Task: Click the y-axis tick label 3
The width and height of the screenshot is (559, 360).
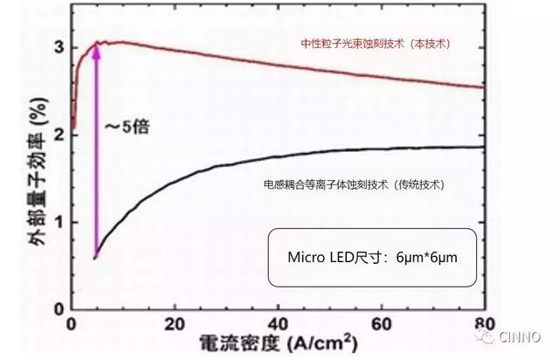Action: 59,47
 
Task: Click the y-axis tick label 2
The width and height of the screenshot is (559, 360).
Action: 59,135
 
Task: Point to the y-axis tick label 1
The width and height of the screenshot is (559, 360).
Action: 59,222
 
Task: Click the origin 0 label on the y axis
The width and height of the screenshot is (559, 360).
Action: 59,308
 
